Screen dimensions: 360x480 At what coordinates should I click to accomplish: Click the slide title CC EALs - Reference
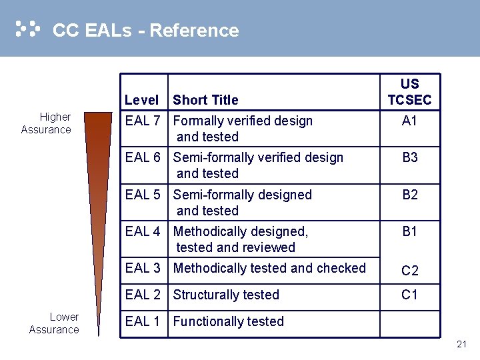(x=145, y=31)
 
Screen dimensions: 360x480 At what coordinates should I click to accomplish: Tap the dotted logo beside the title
(x=27, y=29)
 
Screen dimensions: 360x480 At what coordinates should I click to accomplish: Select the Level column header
(x=141, y=100)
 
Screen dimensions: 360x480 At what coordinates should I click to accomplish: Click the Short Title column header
(x=205, y=100)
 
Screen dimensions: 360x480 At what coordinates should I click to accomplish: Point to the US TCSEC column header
(x=409, y=92)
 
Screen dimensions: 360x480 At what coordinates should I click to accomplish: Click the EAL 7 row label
(x=143, y=121)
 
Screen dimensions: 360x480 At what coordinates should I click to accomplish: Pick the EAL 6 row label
(x=143, y=157)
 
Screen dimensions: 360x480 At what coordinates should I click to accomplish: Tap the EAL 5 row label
(x=143, y=195)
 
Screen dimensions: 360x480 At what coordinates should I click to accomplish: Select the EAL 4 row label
(x=143, y=231)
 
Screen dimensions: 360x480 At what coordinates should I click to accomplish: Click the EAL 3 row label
(x=143, y=268)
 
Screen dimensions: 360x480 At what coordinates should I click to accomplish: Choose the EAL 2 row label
(x=143, y=295)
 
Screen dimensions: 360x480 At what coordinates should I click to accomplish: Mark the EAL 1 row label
(x=143, y=321)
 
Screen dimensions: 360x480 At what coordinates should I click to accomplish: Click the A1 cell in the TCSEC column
(x=409, y=121)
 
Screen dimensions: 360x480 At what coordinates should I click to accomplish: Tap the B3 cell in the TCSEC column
(x=409, y=157)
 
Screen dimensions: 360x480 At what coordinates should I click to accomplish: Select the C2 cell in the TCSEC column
(x=409, y=271)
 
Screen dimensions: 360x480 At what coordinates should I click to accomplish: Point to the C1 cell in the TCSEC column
(x=409, y=295)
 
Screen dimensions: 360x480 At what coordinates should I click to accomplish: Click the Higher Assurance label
(x=46, y=123)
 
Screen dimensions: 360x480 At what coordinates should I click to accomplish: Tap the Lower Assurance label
(x=54, y=323)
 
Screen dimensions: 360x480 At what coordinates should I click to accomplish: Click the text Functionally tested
(x=228, y=321)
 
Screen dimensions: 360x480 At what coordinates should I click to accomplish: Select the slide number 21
(x=461, y=344)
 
